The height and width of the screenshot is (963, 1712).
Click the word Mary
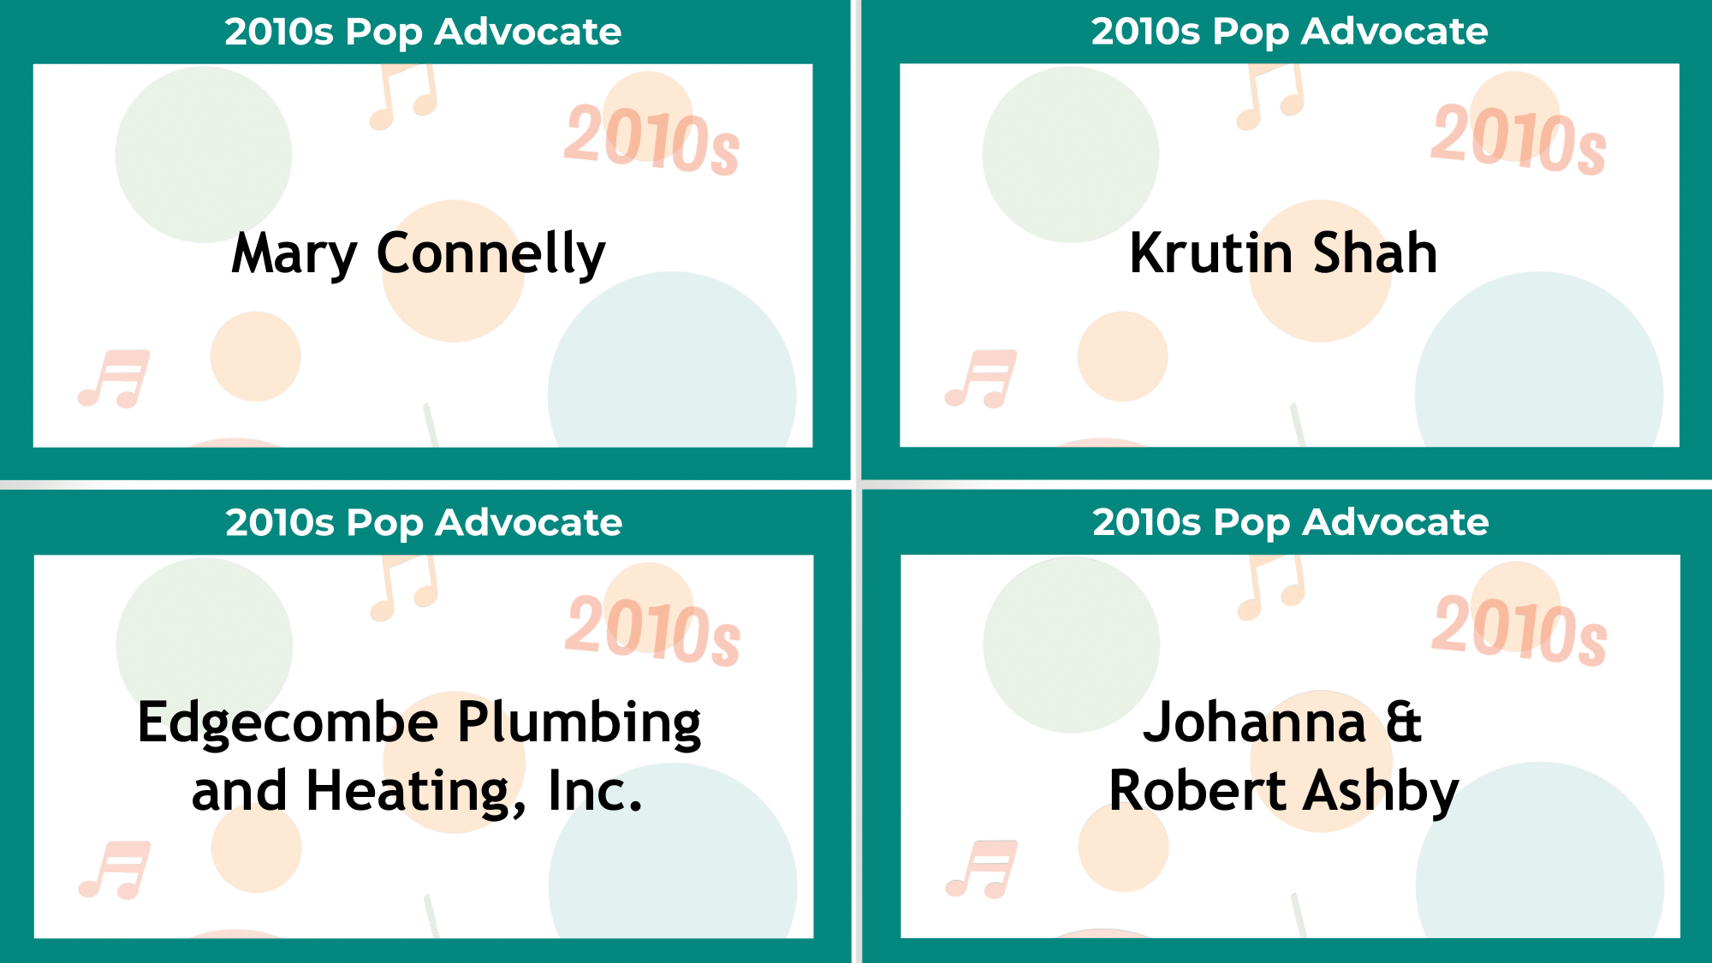coord(294,254)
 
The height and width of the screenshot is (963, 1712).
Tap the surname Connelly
coord(490,254)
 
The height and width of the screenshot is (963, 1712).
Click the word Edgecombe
coord(288,723)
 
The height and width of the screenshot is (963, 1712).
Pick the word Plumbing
coord(580,723)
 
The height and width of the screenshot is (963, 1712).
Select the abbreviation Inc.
coord(594,792)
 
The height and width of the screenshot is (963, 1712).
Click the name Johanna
coord(1254,723)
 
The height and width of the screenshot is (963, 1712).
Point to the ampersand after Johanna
coord(1403,723)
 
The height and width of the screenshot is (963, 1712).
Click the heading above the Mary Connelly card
coord(423,32)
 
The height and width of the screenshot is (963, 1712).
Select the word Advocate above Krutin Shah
coord(1394,32)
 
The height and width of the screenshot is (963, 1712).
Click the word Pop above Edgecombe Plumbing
coord(384,523)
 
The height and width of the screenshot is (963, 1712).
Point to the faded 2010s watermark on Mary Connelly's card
coord(651,139)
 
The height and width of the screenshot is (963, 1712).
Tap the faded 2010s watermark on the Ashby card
coord(1519,631)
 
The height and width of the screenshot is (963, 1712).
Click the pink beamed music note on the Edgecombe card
coord(116,869)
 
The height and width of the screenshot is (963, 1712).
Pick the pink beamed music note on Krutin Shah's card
coord(982,377)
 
